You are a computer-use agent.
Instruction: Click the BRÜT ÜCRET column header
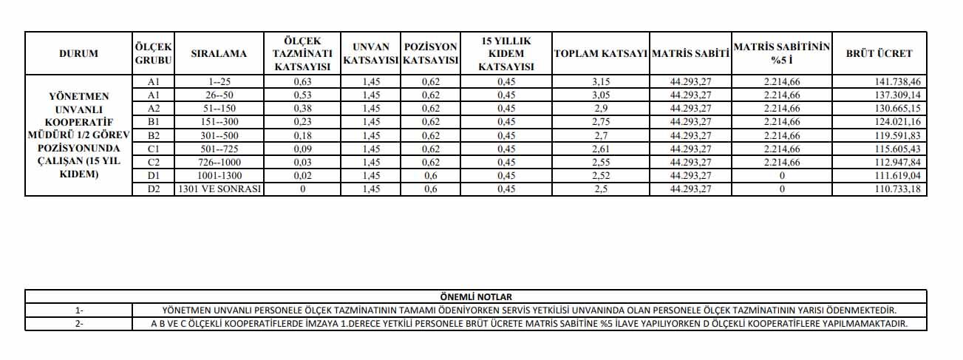pyautogui.click(x=879, y=53)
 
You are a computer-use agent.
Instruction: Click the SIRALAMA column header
pyautogui.click(x=219, y=53)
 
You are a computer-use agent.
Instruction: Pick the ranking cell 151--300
pyautogui.click(x=219, y=122)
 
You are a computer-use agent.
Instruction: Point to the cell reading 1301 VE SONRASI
pyautogui.click(x=219, y=189)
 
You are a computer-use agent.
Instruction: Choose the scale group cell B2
pyautogui.click(x=154, y=135)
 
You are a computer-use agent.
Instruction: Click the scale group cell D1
pyautogui.click(x=154, y=176)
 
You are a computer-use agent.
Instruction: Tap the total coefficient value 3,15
pyautogui.click(x=600, y=81)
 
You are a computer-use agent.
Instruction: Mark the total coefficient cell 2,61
pyautogui.click(x=600, y=149)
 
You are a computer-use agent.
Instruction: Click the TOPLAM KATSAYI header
pyautogui.click(x=600, y=53)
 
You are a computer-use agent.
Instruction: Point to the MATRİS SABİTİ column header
pyautogui.click(x=690, y=53)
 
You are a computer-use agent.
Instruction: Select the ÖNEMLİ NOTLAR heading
pyautogui.click(x=475, y=296)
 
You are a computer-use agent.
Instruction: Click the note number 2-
pyautogui.click(x=79, y=324)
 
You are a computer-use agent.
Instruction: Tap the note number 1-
pyautogui.click(x=79, y=310)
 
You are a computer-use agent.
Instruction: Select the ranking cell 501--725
pyautogui.click(x=219, y=149)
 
